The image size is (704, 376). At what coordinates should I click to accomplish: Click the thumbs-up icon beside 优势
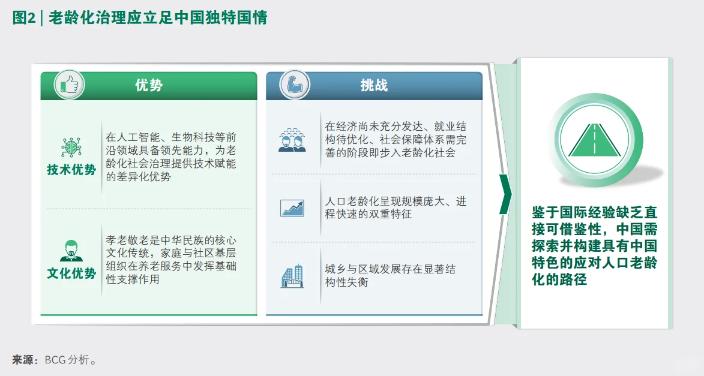[69, 85]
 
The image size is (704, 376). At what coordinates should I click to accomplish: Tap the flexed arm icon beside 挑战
[295, 85]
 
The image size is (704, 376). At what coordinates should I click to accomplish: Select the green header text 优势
[149, 85]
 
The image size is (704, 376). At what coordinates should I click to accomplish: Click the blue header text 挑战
[374, 85]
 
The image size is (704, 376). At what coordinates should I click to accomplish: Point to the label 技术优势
[71, 170]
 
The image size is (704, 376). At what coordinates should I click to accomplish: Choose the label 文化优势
[71, 273]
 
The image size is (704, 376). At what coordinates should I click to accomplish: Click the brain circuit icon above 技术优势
[71, 148]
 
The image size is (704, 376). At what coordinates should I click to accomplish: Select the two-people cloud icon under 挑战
[292, 140]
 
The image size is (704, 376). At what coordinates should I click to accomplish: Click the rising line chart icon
[292, 207]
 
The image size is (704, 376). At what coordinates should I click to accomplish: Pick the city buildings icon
[292, 276]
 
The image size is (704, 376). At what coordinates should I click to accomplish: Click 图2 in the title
[23, 19]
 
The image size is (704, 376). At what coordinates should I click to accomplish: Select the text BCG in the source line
[55, 360]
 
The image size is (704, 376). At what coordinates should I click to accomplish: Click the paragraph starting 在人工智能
[171, 157]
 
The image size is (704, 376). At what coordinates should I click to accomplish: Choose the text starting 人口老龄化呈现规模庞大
[396, 207]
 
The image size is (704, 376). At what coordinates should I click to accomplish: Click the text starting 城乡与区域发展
[390, 275]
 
